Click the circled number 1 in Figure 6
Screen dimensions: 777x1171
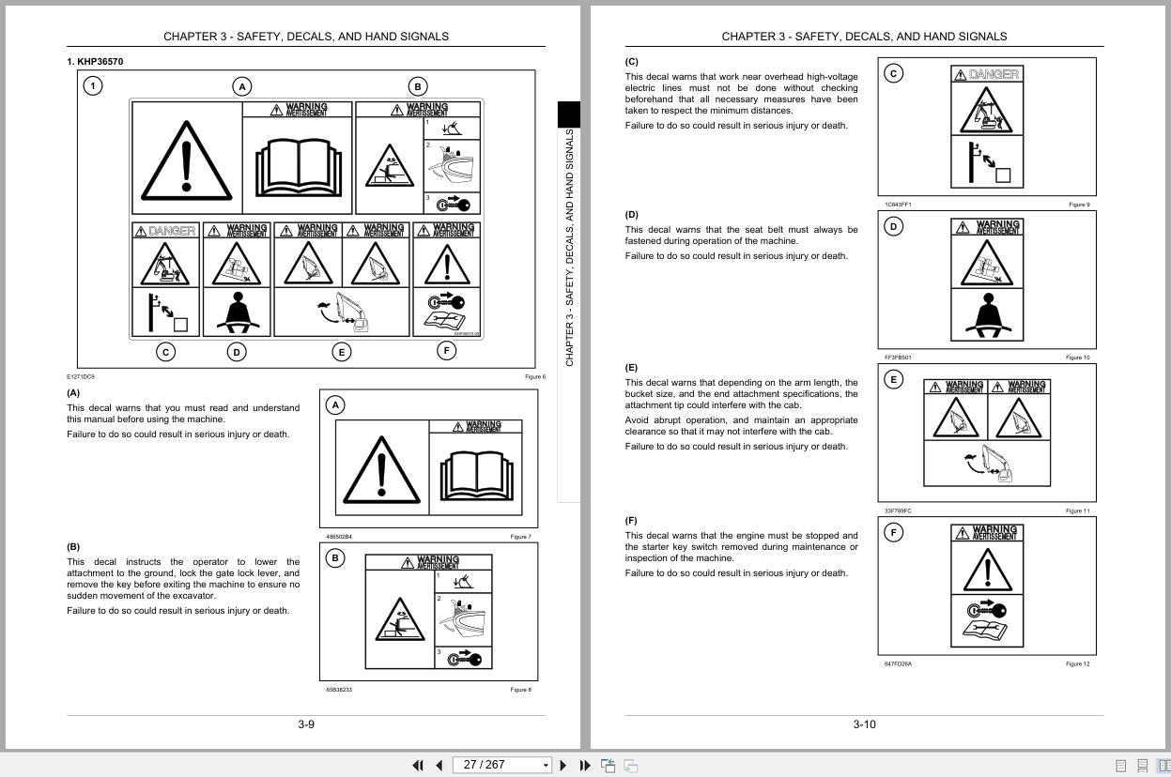[x=93, y=85]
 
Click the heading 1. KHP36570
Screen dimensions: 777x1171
[x=95, y=62]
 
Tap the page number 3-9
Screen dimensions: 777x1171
[x=306, y=724]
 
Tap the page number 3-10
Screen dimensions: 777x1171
[x=864, y=724]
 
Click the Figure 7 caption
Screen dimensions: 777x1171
[x=520, y=537]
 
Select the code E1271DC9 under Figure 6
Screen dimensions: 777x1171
[x=81, y=377]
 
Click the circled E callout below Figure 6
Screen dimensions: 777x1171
[x=341, y=352]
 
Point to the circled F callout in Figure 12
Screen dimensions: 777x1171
[x=894, y=533]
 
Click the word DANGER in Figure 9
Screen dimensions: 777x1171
[x=994, y=74]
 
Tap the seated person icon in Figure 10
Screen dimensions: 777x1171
[x=986, y=315]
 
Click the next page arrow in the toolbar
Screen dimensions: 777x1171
[x=563, y=766]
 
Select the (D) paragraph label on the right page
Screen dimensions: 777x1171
[x=631, y=215]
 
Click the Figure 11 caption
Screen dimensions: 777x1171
[x=1077, y=511]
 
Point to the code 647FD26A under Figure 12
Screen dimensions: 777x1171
[x=898, y=664]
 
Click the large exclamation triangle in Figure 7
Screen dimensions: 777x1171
[x=381, y=469]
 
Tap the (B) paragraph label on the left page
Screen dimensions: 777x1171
[x=73, y=547]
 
